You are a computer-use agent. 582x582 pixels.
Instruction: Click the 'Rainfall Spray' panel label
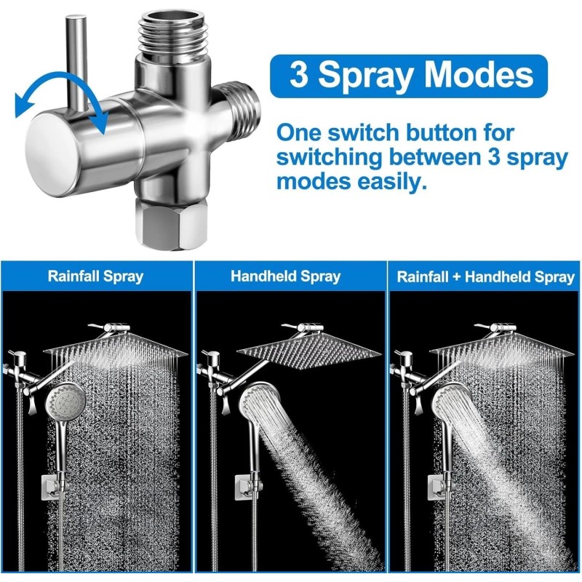click(x=95, y=276)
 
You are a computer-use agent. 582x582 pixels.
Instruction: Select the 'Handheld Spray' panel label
click(x=285, y=276)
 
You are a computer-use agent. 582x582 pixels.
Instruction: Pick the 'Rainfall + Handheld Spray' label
click(x=485, y=276)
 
